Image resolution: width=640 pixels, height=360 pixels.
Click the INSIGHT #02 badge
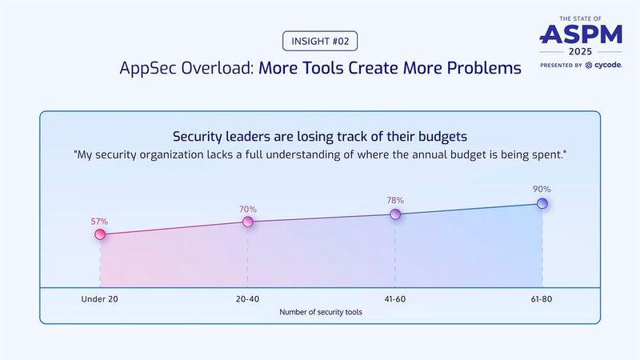[x=319, y=41]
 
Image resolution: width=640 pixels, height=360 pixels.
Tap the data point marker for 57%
[x=100, y=234]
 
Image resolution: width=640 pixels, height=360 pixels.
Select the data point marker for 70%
[x=248, y=222]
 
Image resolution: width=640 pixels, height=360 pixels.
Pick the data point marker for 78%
[x=395, y=214]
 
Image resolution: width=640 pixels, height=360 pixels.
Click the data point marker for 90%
[x=542, y=203]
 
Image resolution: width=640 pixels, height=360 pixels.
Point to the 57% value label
[x=99, y=220]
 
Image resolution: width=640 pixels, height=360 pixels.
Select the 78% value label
[x=395, y=200]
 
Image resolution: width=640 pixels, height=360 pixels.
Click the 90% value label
[x=542, y=189]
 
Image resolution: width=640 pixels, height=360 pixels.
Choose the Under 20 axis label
[x=100, y=299]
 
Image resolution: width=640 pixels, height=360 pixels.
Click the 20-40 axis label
[x=248, y=299]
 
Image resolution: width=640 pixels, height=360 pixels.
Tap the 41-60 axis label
[x=395, y=299]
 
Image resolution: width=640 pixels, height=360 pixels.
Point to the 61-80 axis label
[x=542, y=299]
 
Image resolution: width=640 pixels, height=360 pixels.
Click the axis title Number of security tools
[x=320, y=313]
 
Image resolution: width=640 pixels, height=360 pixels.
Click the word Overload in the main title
[x=221, y=68]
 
